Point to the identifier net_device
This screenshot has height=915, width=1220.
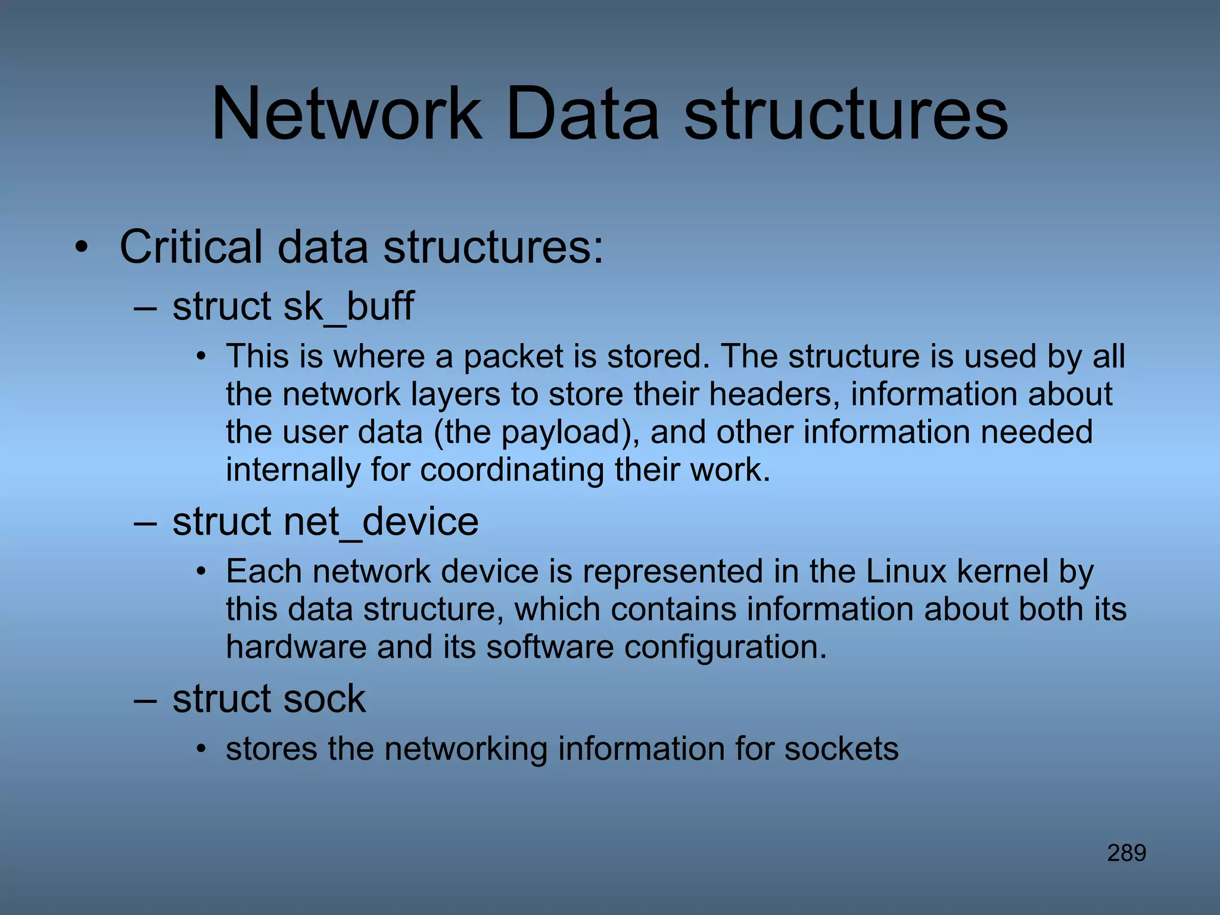pos(381,522)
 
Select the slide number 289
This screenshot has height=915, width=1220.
pos(1126,853)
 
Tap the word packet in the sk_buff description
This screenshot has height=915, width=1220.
pos(513,356)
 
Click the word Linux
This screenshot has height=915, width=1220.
pos(906,571)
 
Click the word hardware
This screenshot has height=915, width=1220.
pos(296,647)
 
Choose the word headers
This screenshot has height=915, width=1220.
pos(774,394)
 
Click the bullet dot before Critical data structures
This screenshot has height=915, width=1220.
pos(81,248)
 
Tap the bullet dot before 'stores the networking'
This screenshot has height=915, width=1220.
pos(202,750)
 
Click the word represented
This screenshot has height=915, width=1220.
pos(673,571)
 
